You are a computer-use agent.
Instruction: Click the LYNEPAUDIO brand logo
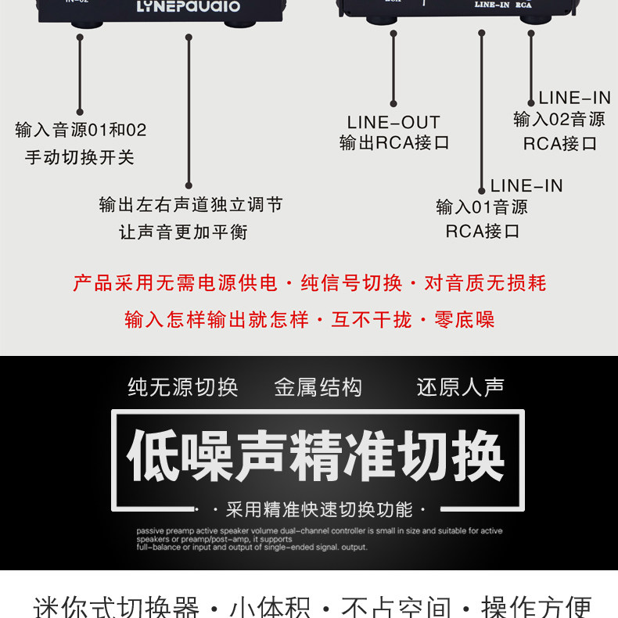[x=189, y=6]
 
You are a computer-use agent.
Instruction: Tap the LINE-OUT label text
[x=393, y=122]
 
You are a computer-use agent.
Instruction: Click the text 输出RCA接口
[x=394, y=143]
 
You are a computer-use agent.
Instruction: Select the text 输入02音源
[x=559, y=120]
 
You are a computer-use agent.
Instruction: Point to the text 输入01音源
[x=482, y=207]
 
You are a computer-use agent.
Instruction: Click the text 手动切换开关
[x=80, y=157]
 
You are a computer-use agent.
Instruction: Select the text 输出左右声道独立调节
[x=191, y=205]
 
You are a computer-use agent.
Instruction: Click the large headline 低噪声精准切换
[x=316, y=457]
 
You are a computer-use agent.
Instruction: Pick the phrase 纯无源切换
[x=183, y=387]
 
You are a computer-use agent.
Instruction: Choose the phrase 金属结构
[x=318, y=387]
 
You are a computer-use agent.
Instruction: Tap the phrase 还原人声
[x=461, y=387]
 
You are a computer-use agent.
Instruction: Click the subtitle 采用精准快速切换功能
[x=318, y=510]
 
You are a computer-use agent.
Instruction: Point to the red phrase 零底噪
[x=464, y=319]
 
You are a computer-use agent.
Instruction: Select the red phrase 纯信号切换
[x=352, y=283]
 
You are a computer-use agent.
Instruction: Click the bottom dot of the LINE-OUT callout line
[x=393, y=103]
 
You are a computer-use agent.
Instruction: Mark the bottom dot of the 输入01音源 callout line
[x=482, y=190]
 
